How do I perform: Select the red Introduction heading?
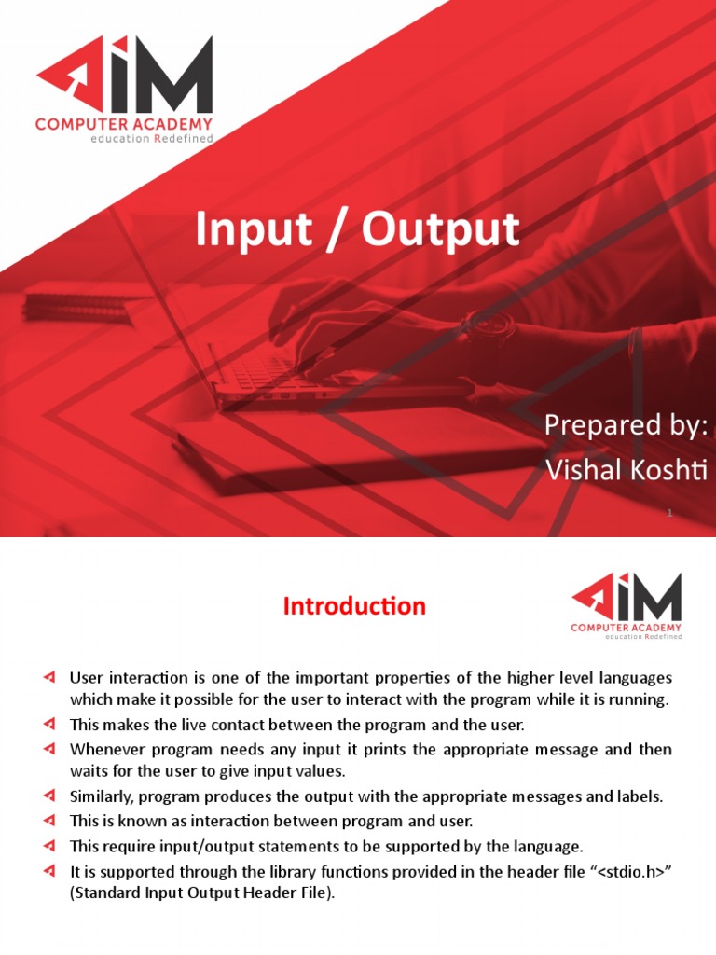pos(354,606)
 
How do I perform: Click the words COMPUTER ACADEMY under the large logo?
pos(124,123)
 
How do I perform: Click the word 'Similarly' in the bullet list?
pos(100,797)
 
